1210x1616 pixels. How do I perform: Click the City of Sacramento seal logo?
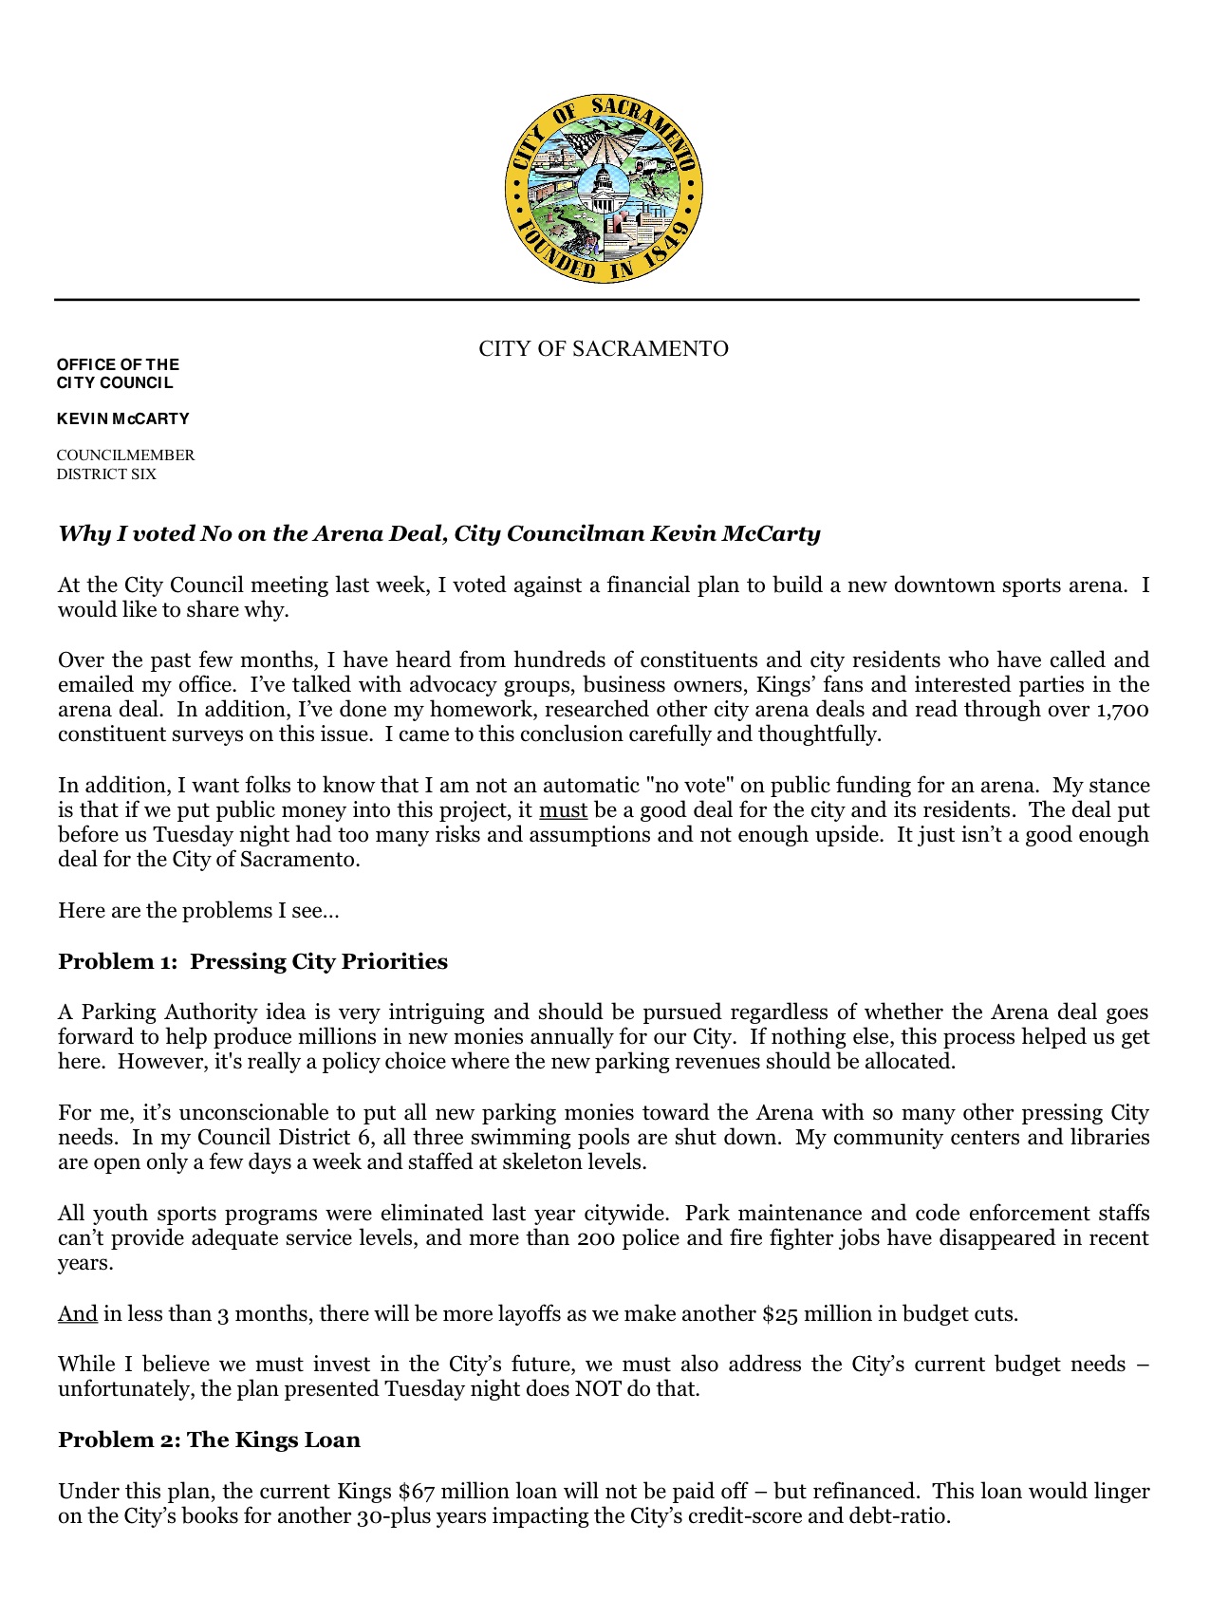(604, 189)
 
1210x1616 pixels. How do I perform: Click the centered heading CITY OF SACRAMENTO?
(604, 349)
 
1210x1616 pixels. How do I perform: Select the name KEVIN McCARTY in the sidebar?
(123, 418)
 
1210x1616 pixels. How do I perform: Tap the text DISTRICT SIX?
(106, 474)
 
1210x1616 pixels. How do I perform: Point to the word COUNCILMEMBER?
(125, 455)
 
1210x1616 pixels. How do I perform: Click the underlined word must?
(564, 810)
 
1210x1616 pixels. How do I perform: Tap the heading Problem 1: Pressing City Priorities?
(252, 962)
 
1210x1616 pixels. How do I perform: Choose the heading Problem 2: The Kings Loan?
(209, 1440)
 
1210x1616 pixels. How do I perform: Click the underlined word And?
(78, 1314)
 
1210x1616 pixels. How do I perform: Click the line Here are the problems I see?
(198, 911)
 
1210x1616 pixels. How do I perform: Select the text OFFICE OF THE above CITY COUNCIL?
(118, 364)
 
